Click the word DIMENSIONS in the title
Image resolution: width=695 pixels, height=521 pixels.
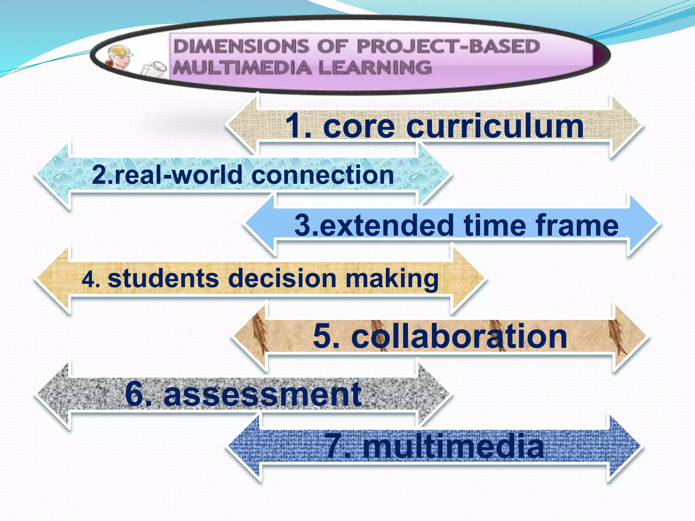pos(241,46)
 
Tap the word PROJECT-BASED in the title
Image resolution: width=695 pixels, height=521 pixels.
pos(448,46)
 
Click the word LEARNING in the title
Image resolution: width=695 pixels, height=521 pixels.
pos(375,67)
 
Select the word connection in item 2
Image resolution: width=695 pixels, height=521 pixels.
pos(322,175)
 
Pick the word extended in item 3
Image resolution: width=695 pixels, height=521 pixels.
pos(387,225)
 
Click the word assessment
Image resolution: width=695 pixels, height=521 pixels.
pos(263,394)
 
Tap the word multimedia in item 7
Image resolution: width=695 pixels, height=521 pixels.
pos(453,446)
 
